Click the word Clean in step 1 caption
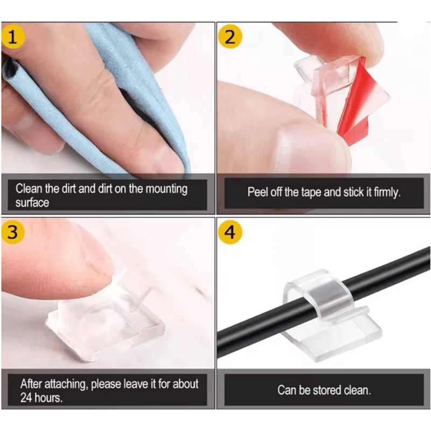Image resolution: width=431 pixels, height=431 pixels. (29, 189)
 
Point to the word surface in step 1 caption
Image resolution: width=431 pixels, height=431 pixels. (32, 203)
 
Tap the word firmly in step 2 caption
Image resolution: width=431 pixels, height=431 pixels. (385, 192)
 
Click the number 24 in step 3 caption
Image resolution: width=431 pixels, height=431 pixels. (27, 399)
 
